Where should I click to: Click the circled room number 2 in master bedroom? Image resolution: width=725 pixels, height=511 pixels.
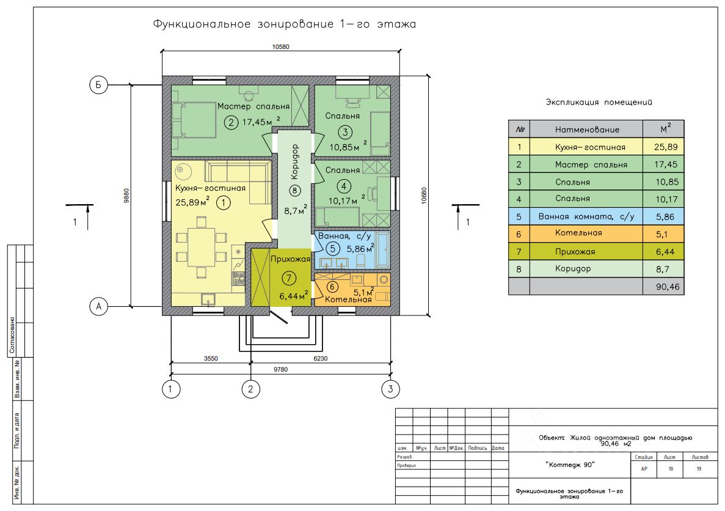pos(231,122)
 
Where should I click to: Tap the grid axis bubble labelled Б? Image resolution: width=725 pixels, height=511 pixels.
pos(98,85)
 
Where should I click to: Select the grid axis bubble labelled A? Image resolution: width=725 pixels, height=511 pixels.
pos(98,306)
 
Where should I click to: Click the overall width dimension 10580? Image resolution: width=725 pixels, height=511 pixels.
pos(282,46)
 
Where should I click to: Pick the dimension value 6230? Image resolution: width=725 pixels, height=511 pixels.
pos(321,359)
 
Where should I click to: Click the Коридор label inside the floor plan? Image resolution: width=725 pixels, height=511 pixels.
pos(295,161)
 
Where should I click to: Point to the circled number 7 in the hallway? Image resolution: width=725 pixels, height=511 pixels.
pos(290,278)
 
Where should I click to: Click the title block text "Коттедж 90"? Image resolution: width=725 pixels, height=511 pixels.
pos(570,466)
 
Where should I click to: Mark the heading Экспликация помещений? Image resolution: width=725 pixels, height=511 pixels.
pos(594,103)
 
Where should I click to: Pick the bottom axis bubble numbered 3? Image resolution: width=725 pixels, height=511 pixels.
pos(390,388)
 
